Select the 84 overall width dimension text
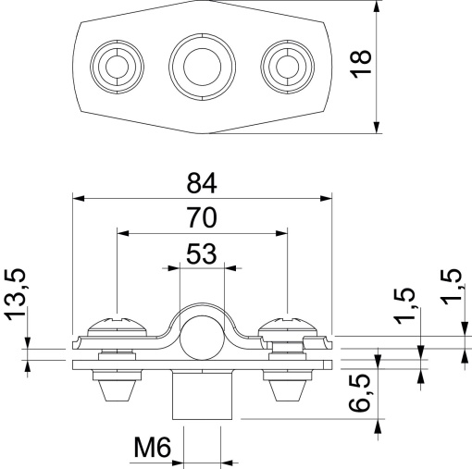[x=202, y=179]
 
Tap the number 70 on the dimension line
[x=202, y=217]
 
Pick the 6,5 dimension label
[x=363, y=396]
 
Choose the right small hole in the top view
[x=284, y=65]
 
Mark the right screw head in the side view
[x=290, y=326]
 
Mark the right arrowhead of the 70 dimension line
[x=284, y=233]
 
